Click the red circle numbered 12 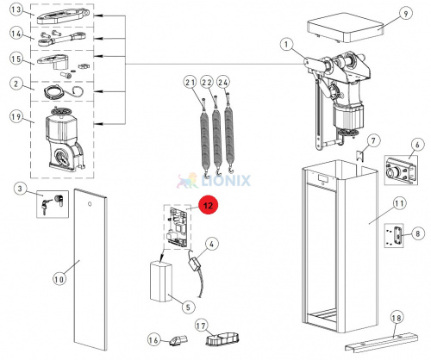(x=208, y=205)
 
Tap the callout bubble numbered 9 (x=405, y=14)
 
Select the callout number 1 (x=286, y=45)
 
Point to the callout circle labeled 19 (x=16, y=117)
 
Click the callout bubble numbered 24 (x=223, y=83)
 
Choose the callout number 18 (x=397, y=318)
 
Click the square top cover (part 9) (x=346, y=28)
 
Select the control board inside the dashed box (x=178, y=227)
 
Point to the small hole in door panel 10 (x=90, y=204)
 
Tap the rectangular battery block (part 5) (x=161, y=282)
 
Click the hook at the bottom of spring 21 (x=206, y=173)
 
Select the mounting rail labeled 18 (x=381, y=343)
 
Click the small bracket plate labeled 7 (x=360, y=156)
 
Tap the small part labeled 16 (x=178, y=340)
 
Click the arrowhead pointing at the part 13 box (x=97, y=16)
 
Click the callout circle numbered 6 (x=417, y=145)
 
